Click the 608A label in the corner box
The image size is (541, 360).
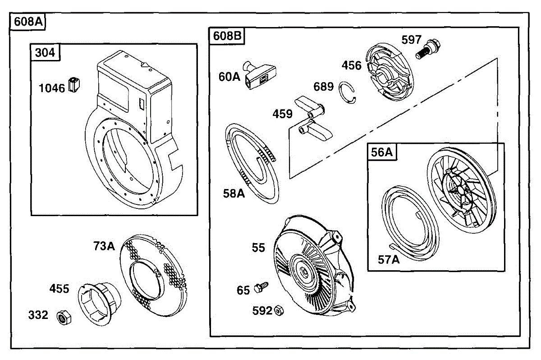(28, 22)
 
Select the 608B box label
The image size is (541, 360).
(227, 36)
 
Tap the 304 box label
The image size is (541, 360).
(45, 53)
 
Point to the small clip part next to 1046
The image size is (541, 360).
(74, 85)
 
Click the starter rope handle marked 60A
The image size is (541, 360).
(260, 75)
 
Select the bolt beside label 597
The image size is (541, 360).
(428, 49)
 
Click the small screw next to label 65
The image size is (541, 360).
(261, 287)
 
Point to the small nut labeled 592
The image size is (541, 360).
(280, 310)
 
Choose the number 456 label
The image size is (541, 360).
(351, 65)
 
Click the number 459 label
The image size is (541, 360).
(282, 114)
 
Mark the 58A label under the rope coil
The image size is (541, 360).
(234, 194)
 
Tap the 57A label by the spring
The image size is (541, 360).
(389, 260)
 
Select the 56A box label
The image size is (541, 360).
(382, 152)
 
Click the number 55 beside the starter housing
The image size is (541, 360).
(258, 248)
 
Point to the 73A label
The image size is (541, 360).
(104, 246)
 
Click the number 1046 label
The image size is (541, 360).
(52, 88)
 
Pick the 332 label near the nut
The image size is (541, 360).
(38, 315)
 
